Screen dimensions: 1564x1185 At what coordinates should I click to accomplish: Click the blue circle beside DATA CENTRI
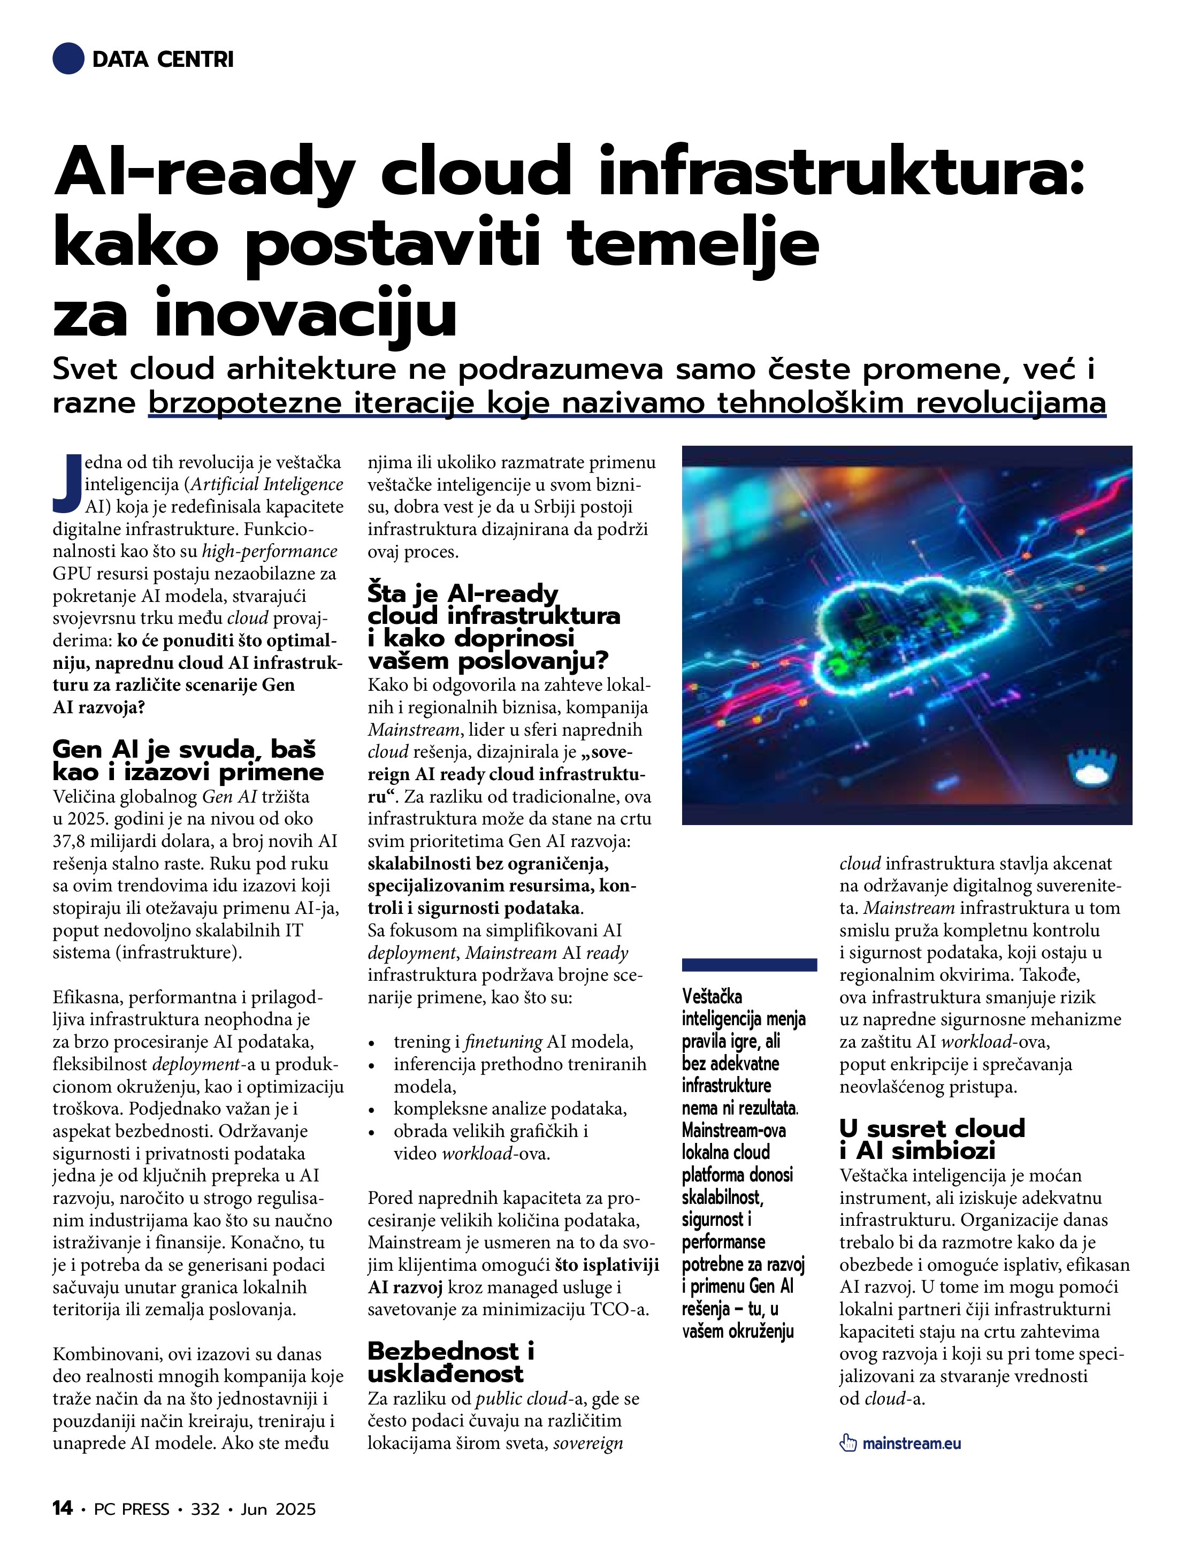tap(68, 59)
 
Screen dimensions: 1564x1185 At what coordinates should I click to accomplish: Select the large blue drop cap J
tap(67, 484)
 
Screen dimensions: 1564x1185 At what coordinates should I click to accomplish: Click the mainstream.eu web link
tap(912, 1443)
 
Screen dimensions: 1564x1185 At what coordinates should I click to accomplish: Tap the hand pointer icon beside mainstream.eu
tap(848, 1443)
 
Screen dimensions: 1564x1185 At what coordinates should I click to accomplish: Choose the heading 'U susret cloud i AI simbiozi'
tap(931, 1139)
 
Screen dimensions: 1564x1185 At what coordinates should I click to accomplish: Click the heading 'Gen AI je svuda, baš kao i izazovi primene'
tap(187, 760)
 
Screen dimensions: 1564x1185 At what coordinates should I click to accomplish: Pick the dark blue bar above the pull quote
tap(750, 964)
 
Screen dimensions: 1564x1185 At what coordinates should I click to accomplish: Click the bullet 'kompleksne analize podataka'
tap(510, 1109)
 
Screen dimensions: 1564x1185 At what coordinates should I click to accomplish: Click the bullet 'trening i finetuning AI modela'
tap(513, 1041)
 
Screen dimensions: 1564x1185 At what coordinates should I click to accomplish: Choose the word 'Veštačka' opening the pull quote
tap(712, 997)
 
